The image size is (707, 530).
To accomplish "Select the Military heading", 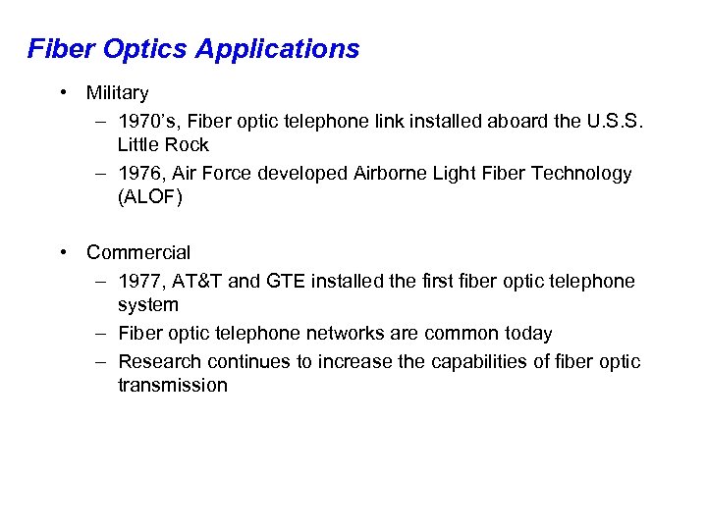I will [117, 93].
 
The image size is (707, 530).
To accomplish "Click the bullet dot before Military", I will [63, 93].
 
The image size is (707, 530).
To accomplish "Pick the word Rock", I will [187, 145].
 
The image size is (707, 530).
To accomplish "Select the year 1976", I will [141, 174].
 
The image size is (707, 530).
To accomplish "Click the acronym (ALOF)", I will [149, 196].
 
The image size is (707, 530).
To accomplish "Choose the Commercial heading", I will [138, 253].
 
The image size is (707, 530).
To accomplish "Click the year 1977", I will [141, 282].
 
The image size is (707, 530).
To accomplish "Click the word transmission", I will [172, 386].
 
